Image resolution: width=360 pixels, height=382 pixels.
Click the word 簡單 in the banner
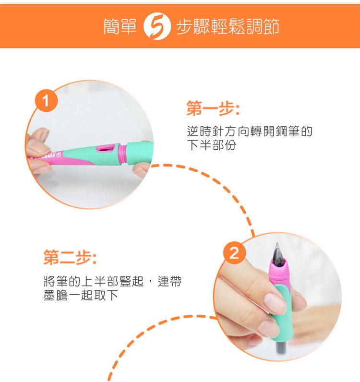click(x=121, y=27)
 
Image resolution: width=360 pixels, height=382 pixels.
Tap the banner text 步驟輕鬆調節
click(x=228, y=27)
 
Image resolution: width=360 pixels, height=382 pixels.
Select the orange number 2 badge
click(x=234, y=253)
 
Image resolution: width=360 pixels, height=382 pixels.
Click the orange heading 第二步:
click(x=70, y=259)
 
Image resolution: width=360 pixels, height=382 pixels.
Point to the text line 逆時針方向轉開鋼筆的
click(x=249, y=131)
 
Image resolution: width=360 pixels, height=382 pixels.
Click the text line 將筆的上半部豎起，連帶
click(x=112, y=282)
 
